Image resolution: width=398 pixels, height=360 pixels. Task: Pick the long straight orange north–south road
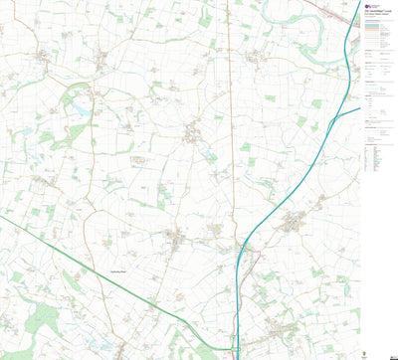pyautogui.click(x=229, y=119)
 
